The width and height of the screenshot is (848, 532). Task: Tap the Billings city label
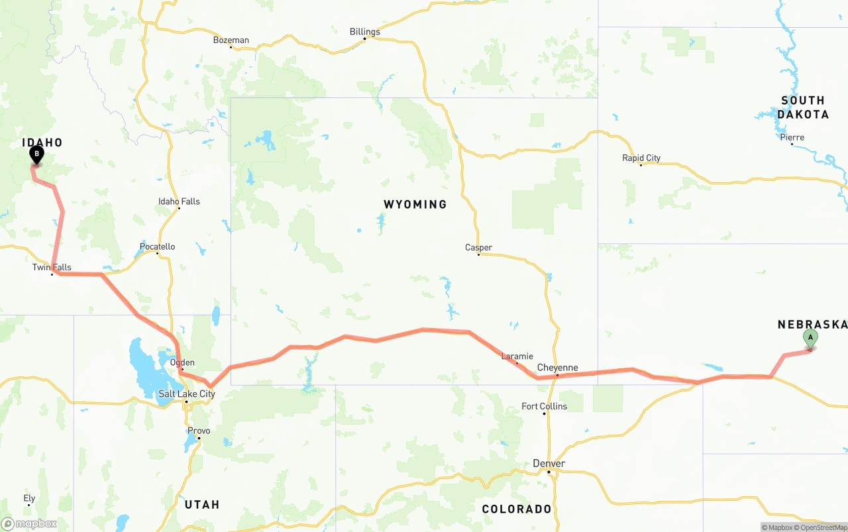(x=365, y=32)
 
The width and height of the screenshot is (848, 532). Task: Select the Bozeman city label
(x=231, y=40)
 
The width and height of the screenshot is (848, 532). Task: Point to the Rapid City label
(x=641, y=158)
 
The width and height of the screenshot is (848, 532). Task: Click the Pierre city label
(x=792, y=138)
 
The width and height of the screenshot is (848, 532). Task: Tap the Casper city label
(x=478, y=248)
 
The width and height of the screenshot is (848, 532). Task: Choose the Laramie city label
(x=517, y=356)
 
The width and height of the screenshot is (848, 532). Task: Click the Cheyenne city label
(x=557, y=368)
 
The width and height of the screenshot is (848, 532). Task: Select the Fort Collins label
(x=544, y=406)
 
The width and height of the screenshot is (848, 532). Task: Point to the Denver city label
(x=549, y=464)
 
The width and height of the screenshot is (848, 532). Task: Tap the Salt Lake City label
(x=187, y=394)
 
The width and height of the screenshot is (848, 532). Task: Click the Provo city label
(x=199, y=431)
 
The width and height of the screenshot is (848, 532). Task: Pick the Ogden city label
(x=182, y=362)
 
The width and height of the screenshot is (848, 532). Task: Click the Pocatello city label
(x=158, y=247)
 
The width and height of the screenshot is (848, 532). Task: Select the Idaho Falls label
(x=179, y=201)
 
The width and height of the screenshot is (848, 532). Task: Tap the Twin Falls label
(x=52, y=268)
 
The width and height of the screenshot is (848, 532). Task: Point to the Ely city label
(x=29, y=498)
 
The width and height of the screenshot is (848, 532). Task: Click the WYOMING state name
(x=415, y=205)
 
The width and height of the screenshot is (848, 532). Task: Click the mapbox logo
(x=29, y=523)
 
